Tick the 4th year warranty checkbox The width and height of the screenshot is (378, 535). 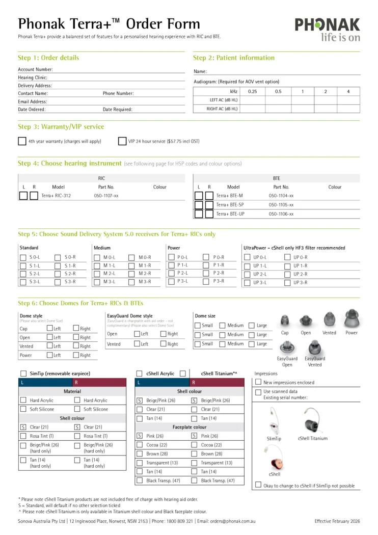tap(22, 141)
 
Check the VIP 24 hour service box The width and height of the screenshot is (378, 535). tap(122, 141)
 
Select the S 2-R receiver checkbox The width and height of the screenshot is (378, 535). tap(58, 274)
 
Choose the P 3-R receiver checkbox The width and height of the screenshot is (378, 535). tap(206, 281)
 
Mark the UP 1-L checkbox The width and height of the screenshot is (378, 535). tap(248, 265)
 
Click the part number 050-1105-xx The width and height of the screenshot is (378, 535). tap(281, 204)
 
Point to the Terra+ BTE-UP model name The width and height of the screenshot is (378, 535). tap(230, 214)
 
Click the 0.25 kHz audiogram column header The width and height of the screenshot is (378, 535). tap(252, 91)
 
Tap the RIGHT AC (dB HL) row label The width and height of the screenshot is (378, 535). tap(222, 109)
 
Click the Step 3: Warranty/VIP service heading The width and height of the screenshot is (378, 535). tap(61, 126)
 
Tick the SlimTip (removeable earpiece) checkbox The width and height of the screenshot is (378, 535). tap(23, 373)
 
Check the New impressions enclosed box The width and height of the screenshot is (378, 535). tap(258, 382)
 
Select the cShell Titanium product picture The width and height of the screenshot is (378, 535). tap(312, 425)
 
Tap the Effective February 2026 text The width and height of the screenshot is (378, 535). tap(337, 521)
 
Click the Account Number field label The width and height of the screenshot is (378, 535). tap(35, 69)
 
